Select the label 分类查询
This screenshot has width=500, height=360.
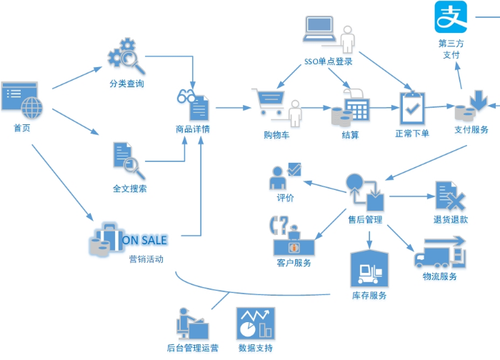click(126, 84)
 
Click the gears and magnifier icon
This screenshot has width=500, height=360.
click(126, 59)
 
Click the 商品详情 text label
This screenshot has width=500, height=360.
click(192, 129)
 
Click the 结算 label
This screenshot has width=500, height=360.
click(350, 134)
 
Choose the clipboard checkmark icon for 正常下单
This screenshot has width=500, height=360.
click(412, 107)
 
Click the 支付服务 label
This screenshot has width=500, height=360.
click(471, 129)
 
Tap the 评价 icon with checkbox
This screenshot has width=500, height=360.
click(285, 175)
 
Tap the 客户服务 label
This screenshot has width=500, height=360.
click(294, 263)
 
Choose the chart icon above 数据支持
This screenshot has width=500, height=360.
click(255, 324)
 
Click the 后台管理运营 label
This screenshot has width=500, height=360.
click(192, 349)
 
